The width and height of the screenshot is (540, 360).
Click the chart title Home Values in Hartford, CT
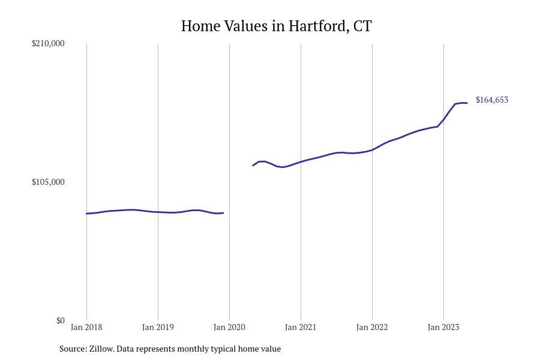click(276, 26)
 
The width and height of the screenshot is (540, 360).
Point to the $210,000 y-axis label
click(48, 43)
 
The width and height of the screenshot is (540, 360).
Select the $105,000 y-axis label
click(48, 182)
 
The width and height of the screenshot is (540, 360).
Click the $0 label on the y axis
click(60, 320)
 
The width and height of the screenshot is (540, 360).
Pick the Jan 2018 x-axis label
click(86, 327)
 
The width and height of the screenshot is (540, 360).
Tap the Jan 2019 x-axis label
click(158, 327)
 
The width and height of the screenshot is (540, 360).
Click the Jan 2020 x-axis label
click(229, 327)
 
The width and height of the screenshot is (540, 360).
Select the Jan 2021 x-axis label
click(301, 327)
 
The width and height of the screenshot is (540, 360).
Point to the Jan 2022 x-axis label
click(372, 327)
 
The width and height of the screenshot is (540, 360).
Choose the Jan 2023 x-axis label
click(443, 327)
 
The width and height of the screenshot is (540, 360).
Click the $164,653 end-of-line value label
click(491, 100)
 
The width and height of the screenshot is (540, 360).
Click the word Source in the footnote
click(73, 349)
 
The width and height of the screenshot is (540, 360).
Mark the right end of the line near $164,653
click(467, 103)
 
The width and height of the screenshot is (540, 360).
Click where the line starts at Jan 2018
click(87, 214)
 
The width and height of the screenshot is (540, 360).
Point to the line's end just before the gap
click(223, 213)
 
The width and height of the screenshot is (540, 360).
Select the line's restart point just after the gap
click(253, 166)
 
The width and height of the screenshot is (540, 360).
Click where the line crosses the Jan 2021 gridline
click(301, 161)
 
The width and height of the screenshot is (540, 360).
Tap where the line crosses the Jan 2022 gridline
click(372, 150)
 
